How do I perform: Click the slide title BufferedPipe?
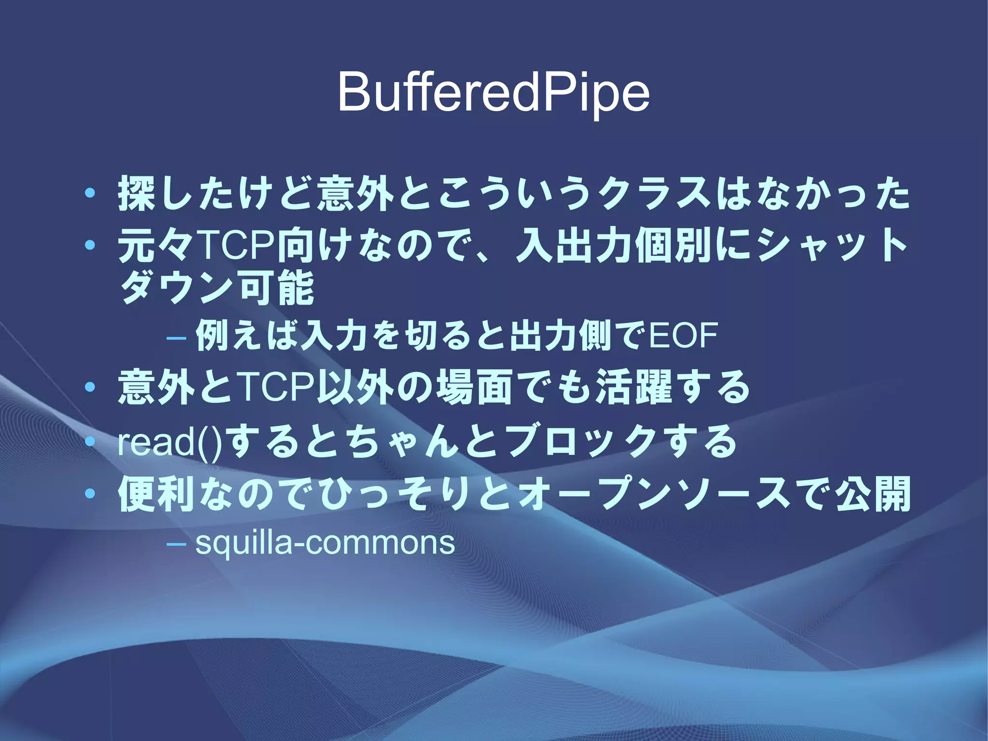click(494, 93)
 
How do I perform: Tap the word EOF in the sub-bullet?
click(684, 336)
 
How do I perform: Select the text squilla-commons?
click(325, 543)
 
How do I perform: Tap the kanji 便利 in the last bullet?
click(157, 494)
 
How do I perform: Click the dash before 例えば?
click(176, 336)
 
